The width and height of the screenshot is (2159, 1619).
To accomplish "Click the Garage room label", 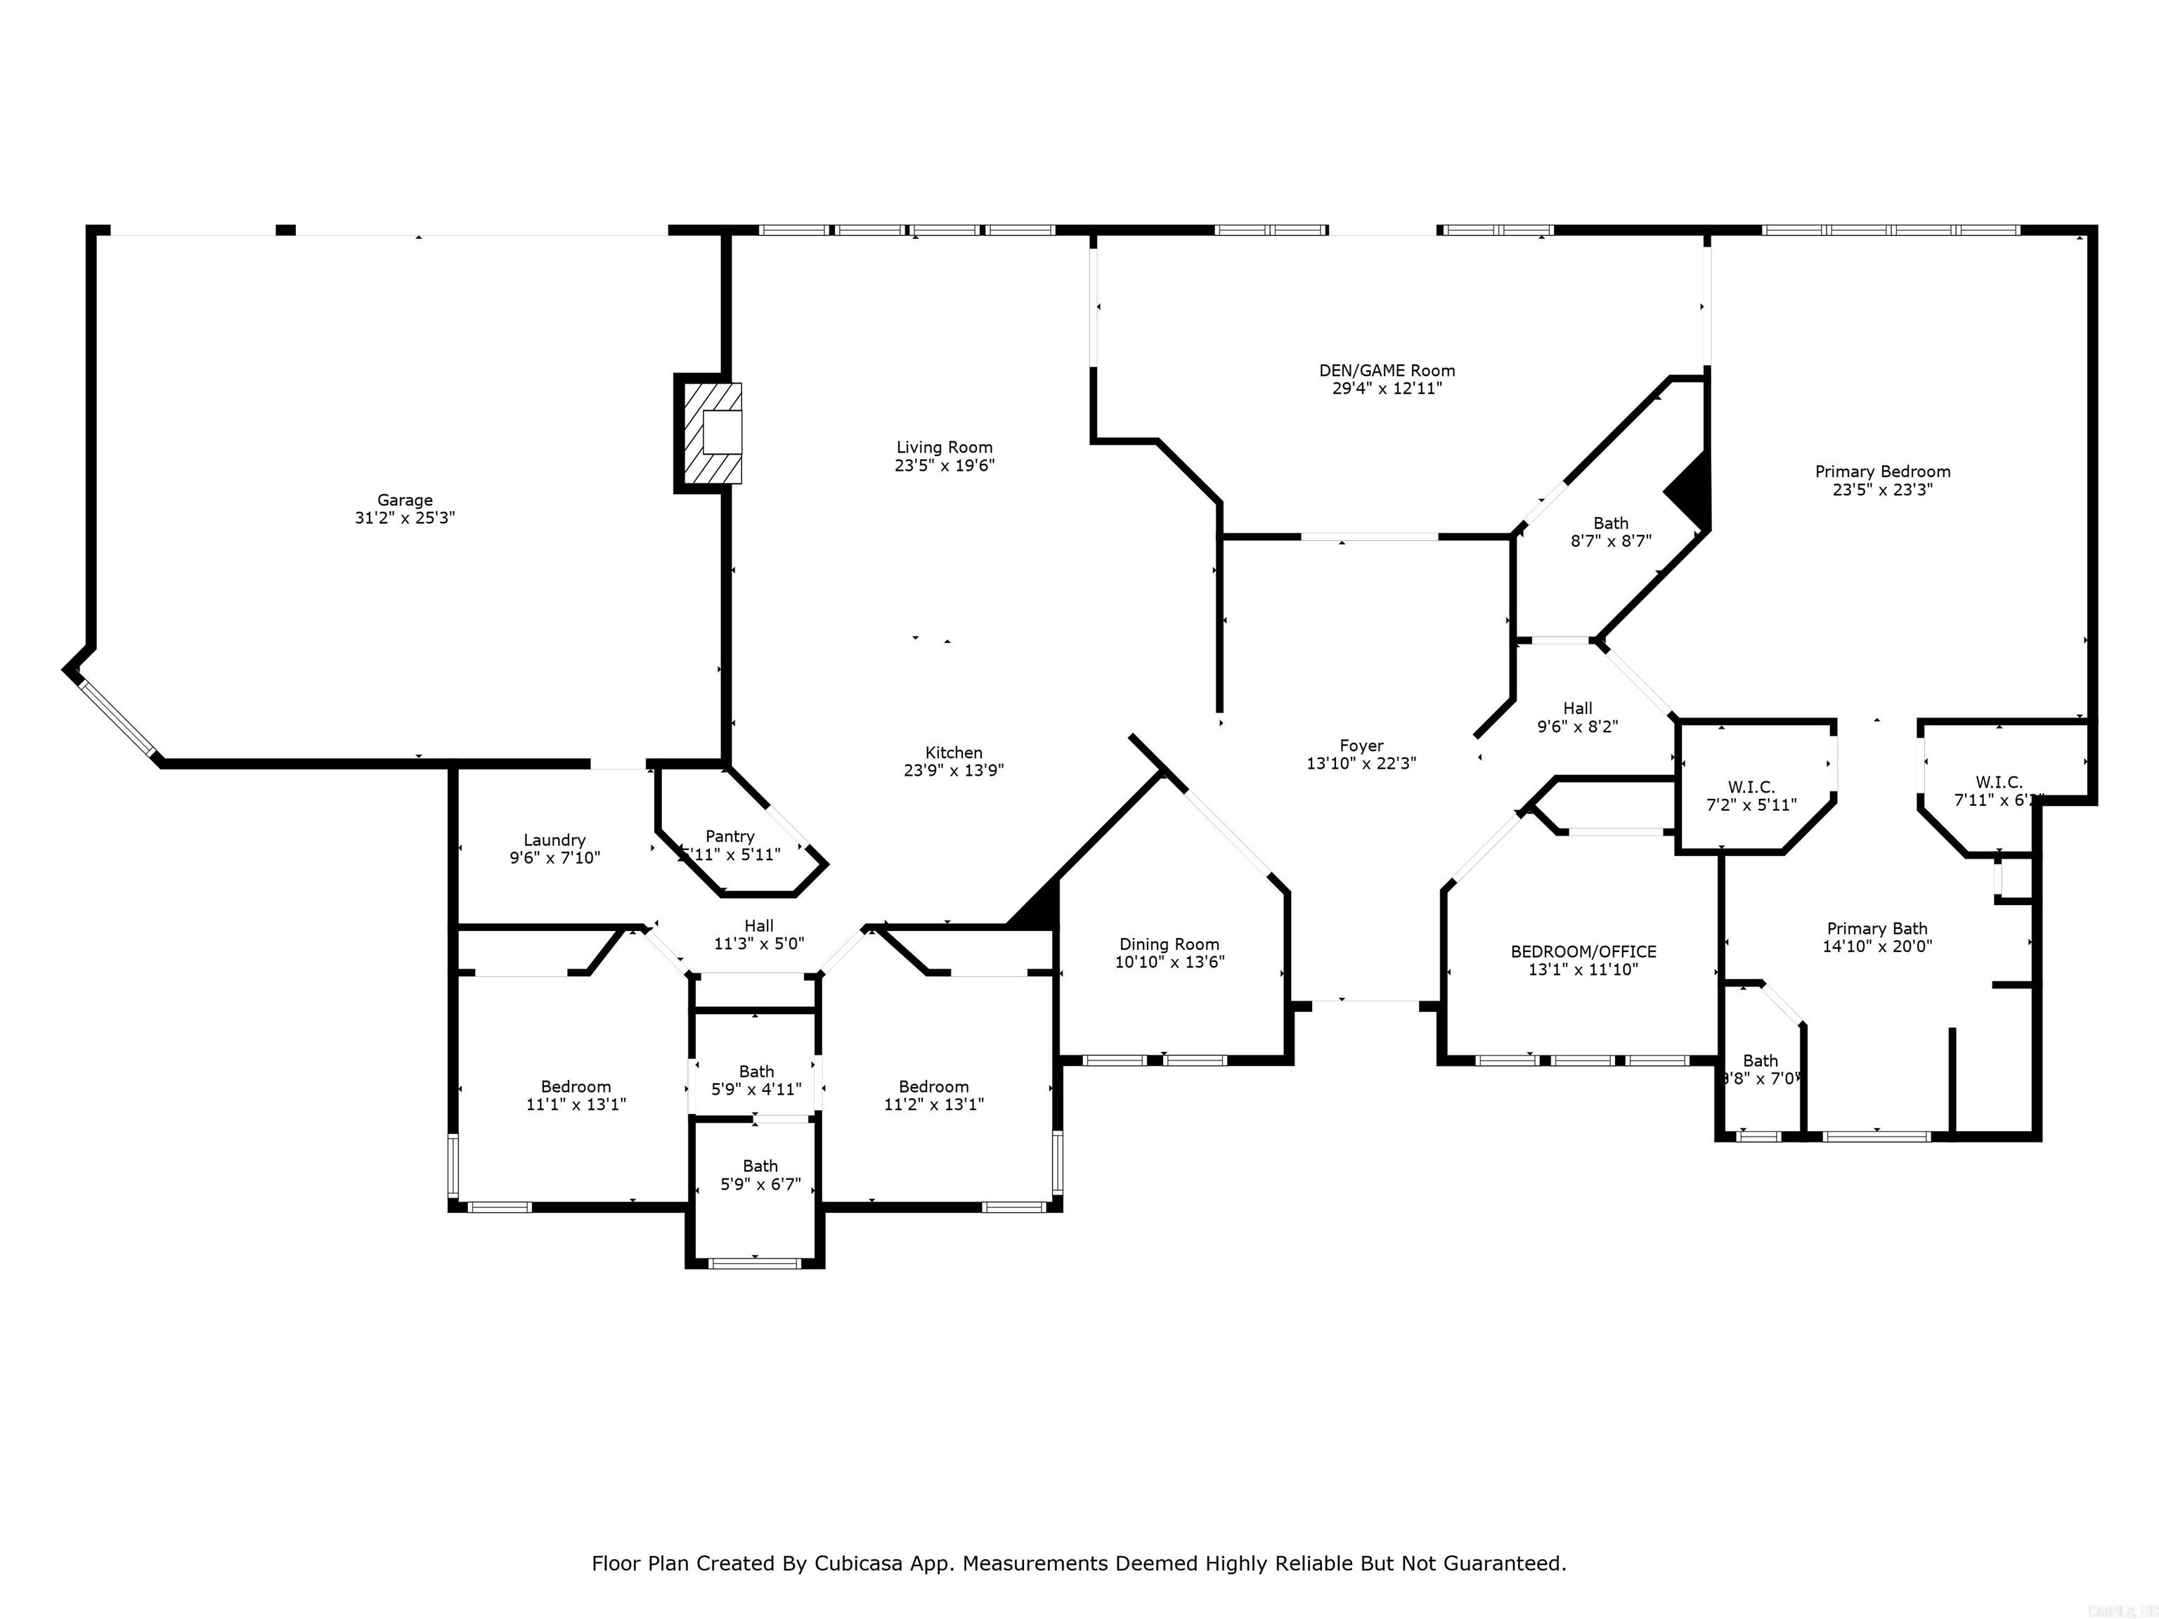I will coord(404,500).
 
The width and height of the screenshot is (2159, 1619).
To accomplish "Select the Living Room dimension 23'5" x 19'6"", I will coord(944,465).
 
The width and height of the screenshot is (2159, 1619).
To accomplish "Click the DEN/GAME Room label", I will coord(1386,371).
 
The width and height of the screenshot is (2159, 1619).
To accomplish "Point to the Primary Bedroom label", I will coord(1882,472).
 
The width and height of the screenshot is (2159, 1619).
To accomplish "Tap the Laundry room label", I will coord(555,840).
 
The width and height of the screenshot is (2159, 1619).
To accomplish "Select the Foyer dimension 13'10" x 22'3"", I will coord(1361,763).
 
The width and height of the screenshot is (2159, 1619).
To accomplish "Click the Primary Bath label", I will coord(1876,928).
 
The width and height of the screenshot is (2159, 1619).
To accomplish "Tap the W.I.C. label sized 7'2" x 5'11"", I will coord(1751,786).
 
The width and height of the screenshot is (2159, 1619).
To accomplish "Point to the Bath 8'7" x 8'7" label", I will coord(1611,523).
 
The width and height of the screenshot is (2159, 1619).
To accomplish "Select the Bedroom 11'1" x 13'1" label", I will coord(576,1087).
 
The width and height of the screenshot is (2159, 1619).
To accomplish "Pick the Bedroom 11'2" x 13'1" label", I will coord(933,1087).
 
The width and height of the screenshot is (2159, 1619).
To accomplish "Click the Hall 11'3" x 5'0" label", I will coord(758,926).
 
